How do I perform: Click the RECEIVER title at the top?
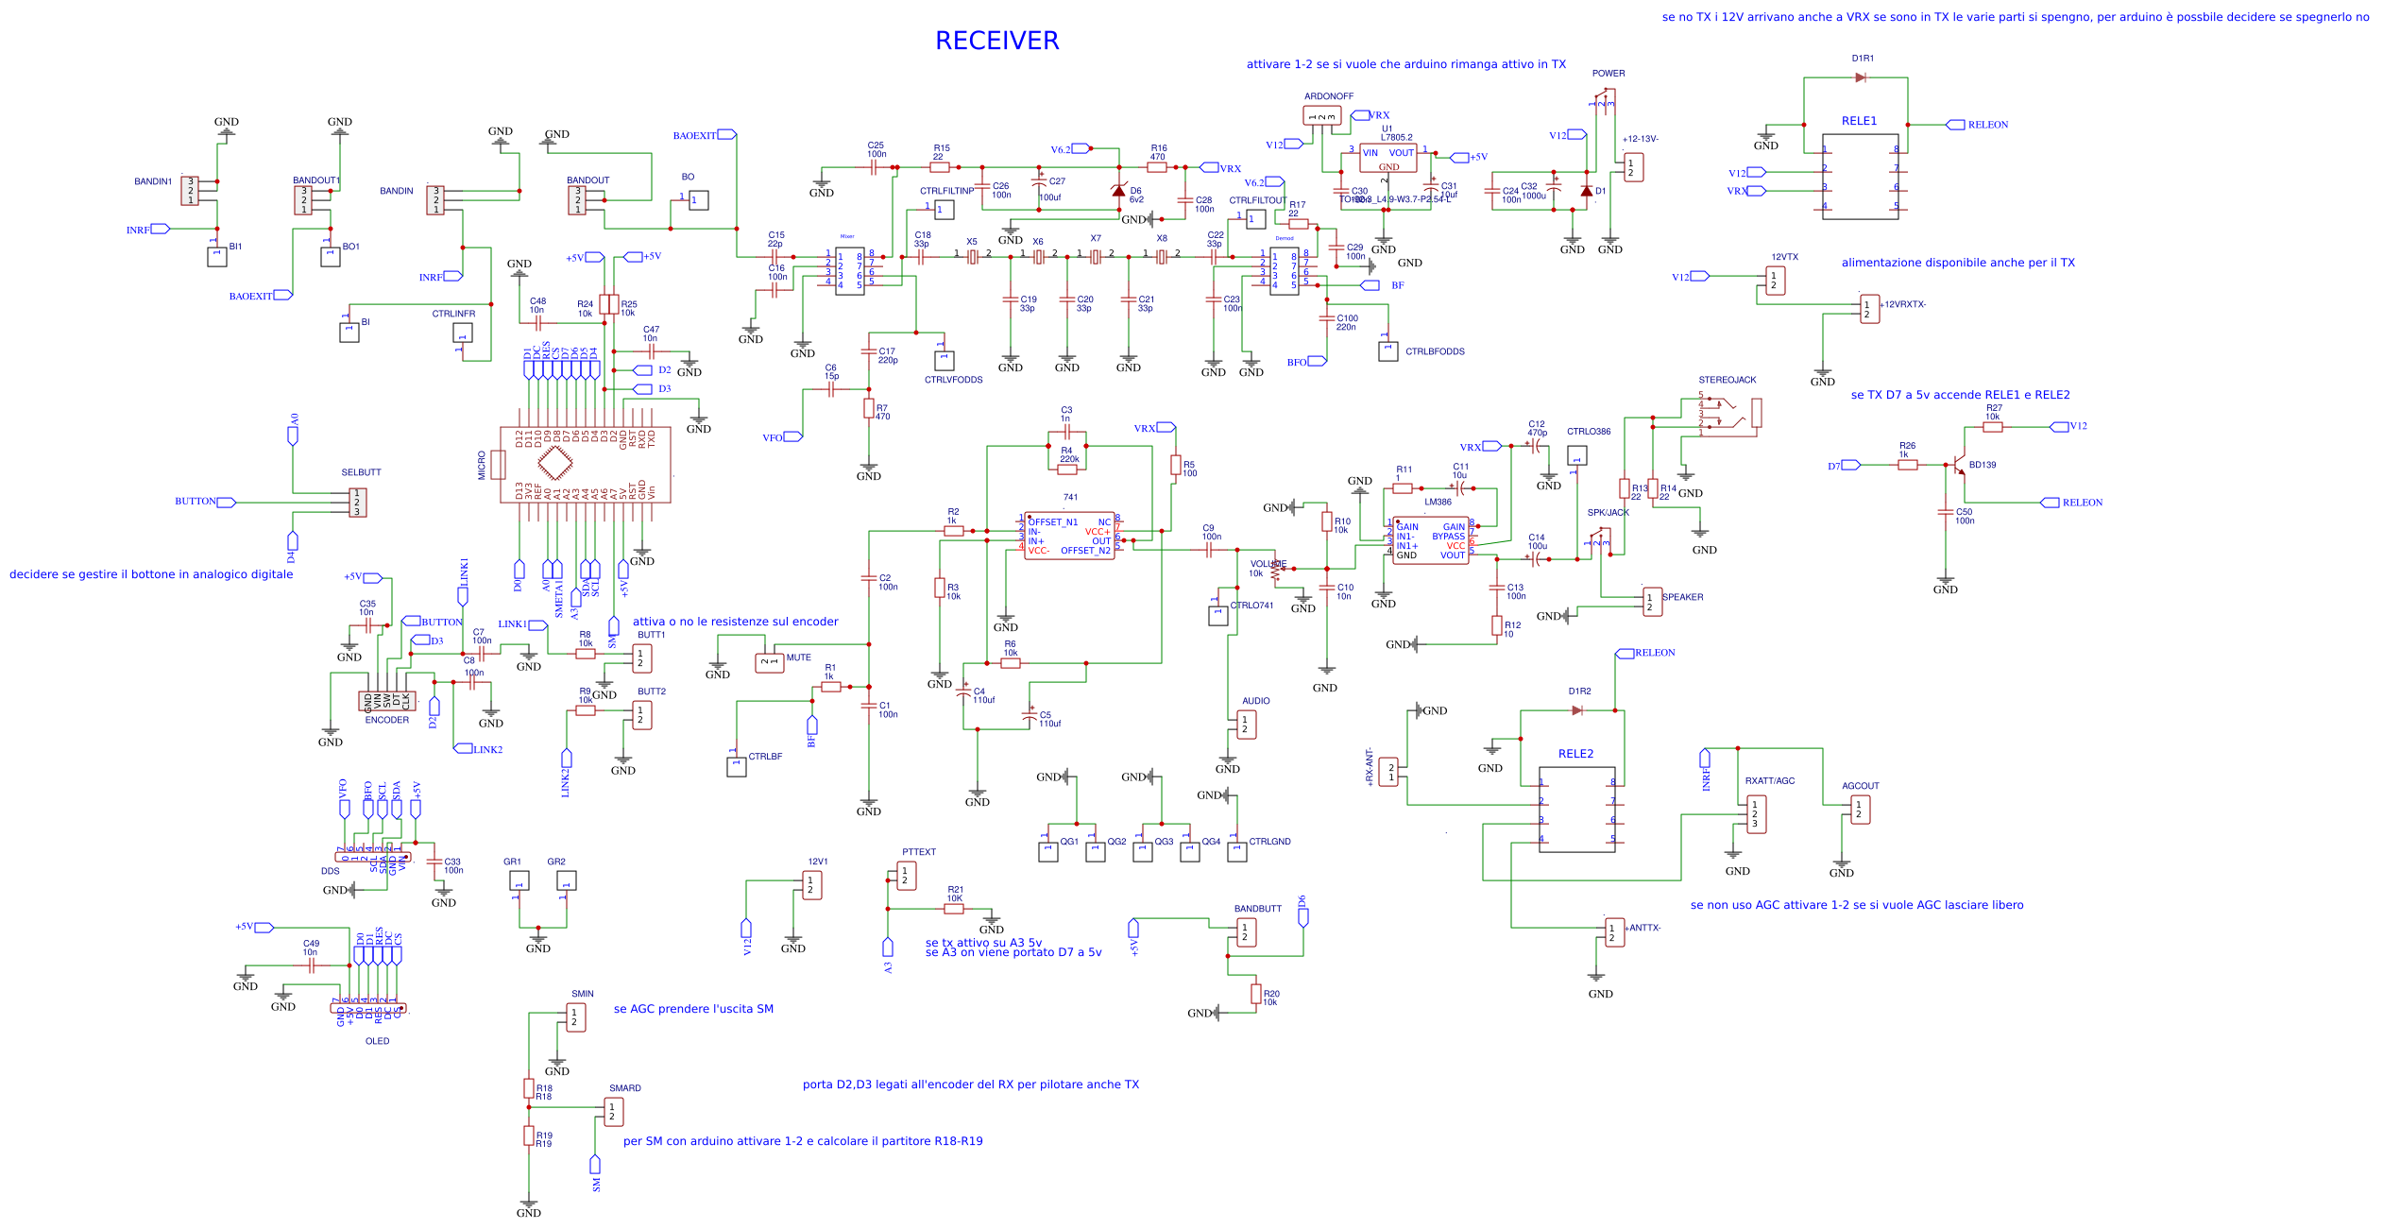pyautogui.click(x=996, y=41)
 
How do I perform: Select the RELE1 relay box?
pyautogui.click(x=1859, y=177)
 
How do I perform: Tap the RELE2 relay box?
pyautogui.click(x=1576, y=810)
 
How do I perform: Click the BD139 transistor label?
pyautogui.click(x=1982, y=465)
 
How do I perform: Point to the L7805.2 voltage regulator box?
pyautogui.click(x=1387, y=158)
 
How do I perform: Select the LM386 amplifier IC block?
pyautogui.click(x=1430, y=540)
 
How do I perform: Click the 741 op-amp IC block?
pyautogui.click(x=1069, y=536)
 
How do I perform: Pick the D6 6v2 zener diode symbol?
pyautogui.click(x=1118, y=191)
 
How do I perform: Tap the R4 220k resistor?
pyautogui.click(x=1067, y=469)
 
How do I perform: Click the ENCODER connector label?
pyautogui.click(x=387, y=720)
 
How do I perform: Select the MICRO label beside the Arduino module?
pyautogui.click(x=482, y=465)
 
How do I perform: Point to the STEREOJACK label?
pyautogui.click(x=1727, y=380)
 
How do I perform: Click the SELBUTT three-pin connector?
pyautogui.click(x=357, y=503)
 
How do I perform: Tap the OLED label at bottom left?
pyautogui.click(x=377, y=1041)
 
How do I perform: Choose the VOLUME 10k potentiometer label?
pyautogui.click(x=1268, y=564)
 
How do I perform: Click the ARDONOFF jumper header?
pyautogui.click(x=1321, y=116)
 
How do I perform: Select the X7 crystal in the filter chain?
pyautogui.click(x=1096, y=256)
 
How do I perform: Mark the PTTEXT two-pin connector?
pyautogui.click(x=906, y=876)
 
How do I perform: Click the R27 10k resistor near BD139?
pyautogui.click(x=1992, y=427)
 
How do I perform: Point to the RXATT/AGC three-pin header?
pyautogui.click(x=1756, y=814)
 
